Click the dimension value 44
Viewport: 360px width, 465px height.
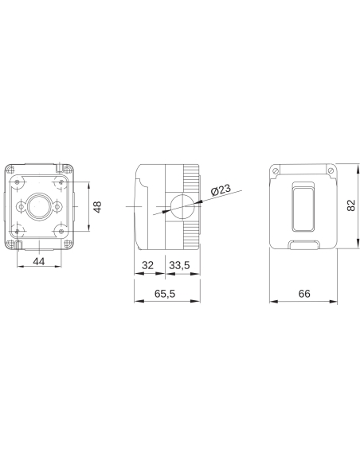(x=38, y=260)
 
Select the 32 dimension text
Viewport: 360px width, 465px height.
(x=147, y=265)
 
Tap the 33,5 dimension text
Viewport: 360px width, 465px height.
(x=179, y=265)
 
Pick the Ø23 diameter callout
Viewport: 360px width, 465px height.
(x=221, y=190)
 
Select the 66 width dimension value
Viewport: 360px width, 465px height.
(x=303, y=293)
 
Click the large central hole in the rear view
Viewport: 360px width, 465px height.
(x=38, y=207)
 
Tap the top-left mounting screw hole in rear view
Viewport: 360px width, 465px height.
(x=16, y=182)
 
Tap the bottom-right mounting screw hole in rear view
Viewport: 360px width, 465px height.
(x=61, y=232)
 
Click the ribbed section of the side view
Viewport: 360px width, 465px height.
(x=193, y=207)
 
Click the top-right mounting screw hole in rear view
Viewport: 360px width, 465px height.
(x=61, y=182)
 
